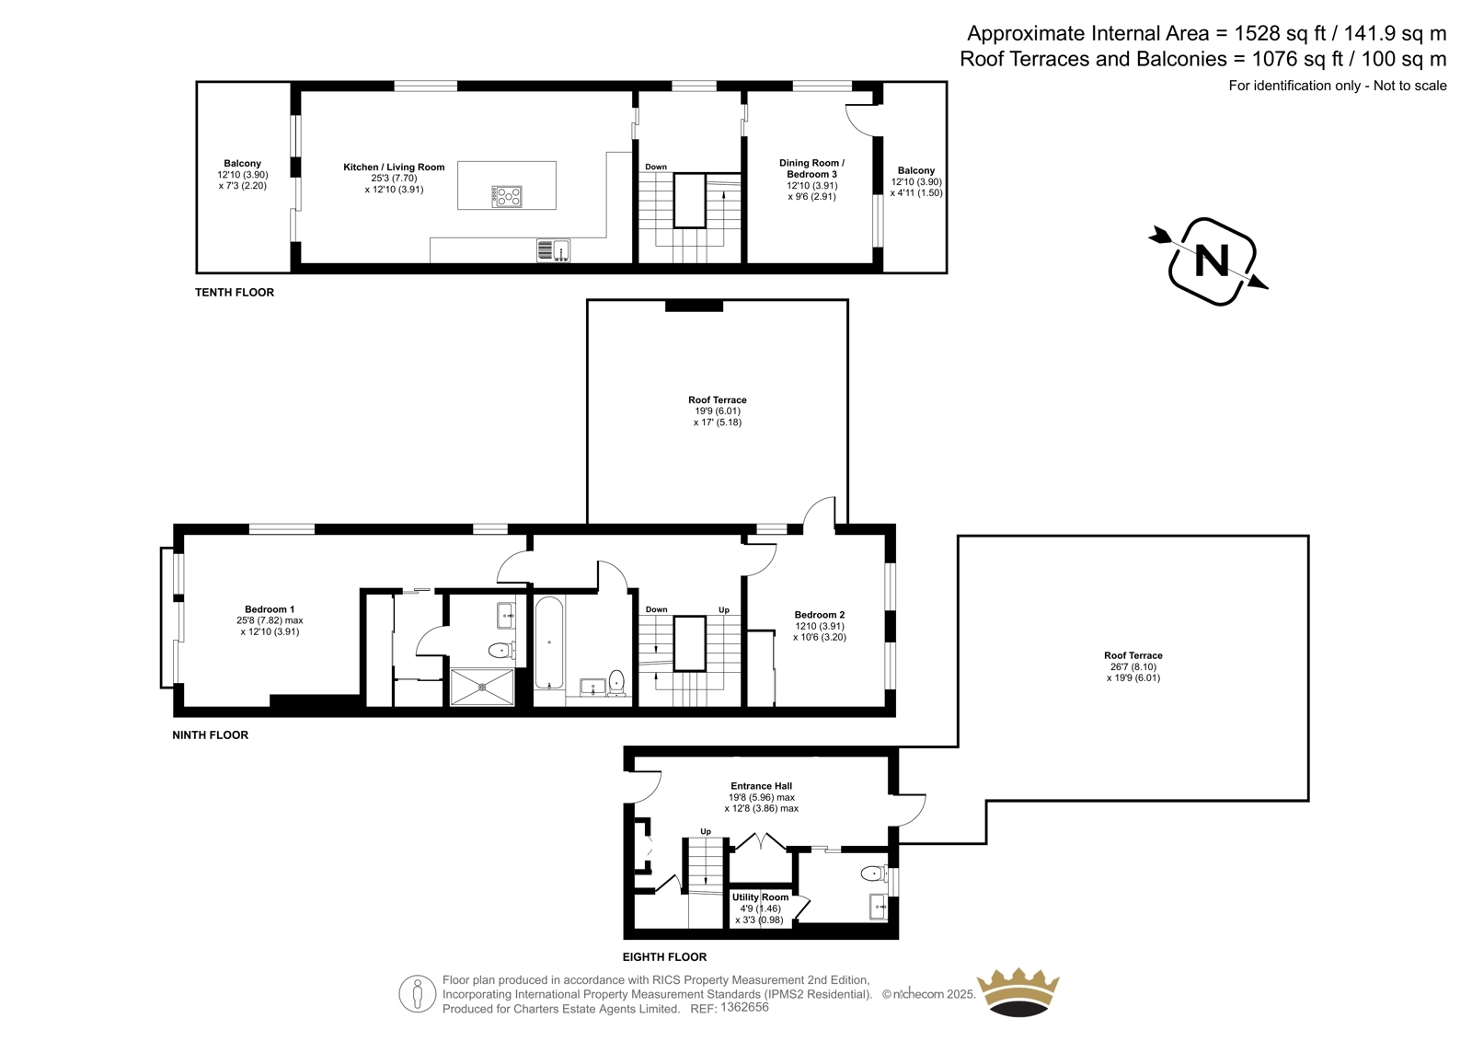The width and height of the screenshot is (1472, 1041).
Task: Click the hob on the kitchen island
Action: [506, 196]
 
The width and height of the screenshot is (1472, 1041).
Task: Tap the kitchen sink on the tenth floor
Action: [553, 250]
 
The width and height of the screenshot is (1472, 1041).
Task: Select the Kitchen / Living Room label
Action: [394, 167]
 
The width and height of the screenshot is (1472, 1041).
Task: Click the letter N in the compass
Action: [1212, 260]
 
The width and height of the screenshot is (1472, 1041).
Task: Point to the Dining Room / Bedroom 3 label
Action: [811, 168]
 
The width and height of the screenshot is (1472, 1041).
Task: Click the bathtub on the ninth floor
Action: [549, 642]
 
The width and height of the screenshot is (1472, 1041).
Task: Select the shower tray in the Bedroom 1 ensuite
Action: [482, 688]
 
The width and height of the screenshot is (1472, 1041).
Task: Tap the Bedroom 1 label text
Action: [270, 609]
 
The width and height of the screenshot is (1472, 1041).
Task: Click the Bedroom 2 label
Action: [820, 615]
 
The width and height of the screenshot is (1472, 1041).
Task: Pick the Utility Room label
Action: [760, 897]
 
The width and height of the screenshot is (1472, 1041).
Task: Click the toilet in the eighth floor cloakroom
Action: [873, 873]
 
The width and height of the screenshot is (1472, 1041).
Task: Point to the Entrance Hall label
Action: [761, 786]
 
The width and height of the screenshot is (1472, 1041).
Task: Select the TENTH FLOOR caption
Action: [235, 293]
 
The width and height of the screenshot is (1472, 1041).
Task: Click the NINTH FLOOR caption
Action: [211, 735]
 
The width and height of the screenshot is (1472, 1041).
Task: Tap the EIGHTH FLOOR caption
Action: [664, 957]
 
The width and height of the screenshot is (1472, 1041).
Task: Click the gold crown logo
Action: [1018, 992]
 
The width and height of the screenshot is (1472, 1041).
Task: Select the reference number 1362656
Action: [744, 1007]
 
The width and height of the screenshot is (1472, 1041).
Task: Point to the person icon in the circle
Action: [418, 994]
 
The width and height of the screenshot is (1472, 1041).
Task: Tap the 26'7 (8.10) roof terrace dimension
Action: [1133, 666]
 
